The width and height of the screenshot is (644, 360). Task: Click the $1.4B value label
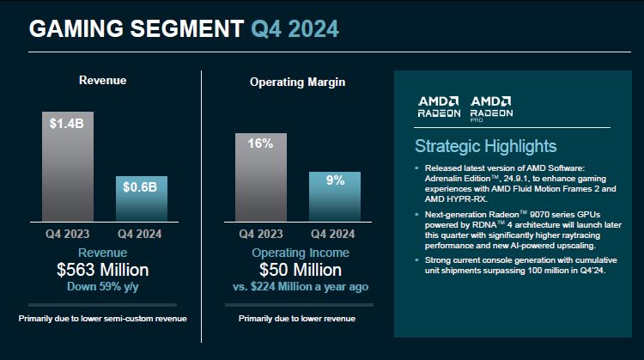pos(68,124)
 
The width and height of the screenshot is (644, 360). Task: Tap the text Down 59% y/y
pos(102,288)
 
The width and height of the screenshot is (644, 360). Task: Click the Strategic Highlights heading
pos(485,146)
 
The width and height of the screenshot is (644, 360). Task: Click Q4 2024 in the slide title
pos(295,28)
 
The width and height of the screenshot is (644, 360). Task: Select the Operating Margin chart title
pos(299,82)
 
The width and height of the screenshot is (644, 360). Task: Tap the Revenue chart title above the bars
pos(102,80)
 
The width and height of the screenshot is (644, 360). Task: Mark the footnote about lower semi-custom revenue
pos(102,319)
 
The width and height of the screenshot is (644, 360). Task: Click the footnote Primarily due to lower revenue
pos(299,319)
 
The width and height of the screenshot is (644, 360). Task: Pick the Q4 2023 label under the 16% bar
pos(261,233)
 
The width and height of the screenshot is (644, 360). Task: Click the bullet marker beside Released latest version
pos(416,167)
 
